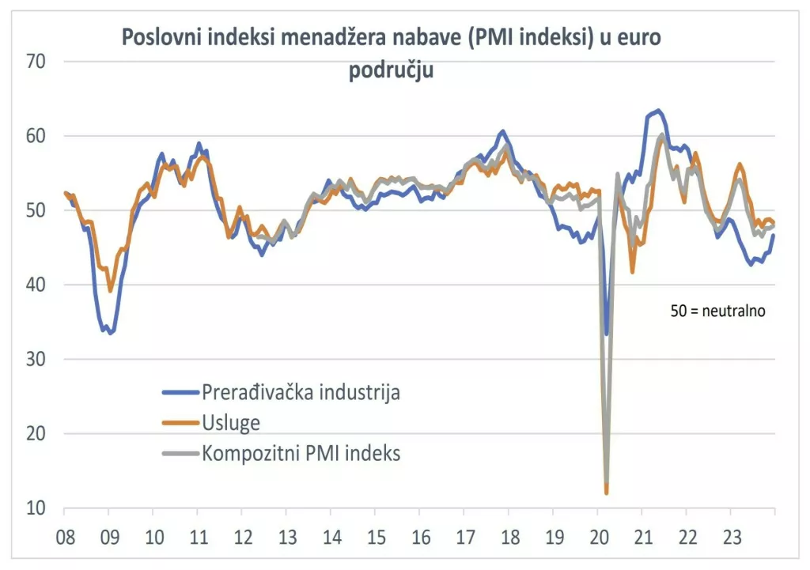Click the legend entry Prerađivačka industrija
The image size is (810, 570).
coord(301,392)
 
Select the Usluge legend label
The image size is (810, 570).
coord(231,423)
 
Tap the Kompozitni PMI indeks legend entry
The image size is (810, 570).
coord(301,453)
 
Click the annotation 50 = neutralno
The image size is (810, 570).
coord(717,311)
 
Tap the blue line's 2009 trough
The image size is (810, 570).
coord(110,333)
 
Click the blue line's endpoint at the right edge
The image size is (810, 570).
coord(774,235)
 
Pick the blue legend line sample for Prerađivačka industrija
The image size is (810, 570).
coord(180,393)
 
